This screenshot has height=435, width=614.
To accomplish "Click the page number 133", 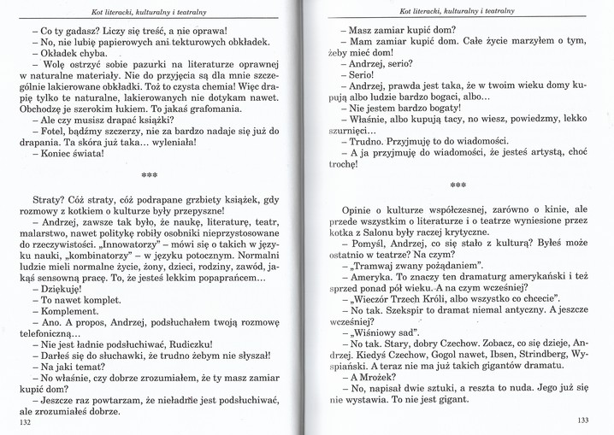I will (583, 419).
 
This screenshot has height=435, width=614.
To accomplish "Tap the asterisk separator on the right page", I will (458, 184).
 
